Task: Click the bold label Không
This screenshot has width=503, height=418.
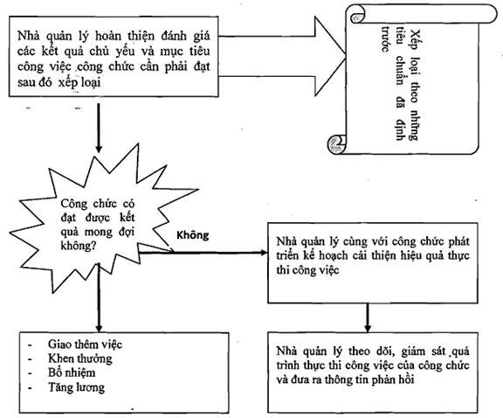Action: pos(192,235)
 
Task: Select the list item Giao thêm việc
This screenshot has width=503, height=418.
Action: pos(85,344)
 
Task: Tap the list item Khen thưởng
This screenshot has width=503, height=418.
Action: pos(80,359)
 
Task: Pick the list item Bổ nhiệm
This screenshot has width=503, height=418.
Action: pos(72,373)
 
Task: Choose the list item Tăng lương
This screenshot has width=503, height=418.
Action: pos(76,387)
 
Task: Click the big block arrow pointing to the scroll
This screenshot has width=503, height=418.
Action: pos(282,57)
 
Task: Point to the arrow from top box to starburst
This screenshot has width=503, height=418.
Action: pos(99,128)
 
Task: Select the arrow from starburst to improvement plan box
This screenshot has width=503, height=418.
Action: pos(203,253)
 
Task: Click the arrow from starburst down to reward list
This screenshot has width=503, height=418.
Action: pos(99,297)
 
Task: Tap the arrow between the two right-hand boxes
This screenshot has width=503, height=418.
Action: pos(368,317)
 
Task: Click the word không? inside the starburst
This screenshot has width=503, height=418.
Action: pos(77,246)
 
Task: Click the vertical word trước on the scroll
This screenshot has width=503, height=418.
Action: pos(385,39)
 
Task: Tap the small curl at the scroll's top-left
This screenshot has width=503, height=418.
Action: pos(356,17)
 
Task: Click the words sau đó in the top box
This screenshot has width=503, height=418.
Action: pos(35,82)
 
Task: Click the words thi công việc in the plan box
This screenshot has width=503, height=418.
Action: pos(307,270)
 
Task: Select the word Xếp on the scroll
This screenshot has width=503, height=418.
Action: pos(416,41)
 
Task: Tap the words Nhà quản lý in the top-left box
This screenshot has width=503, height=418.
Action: pos(53,36)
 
